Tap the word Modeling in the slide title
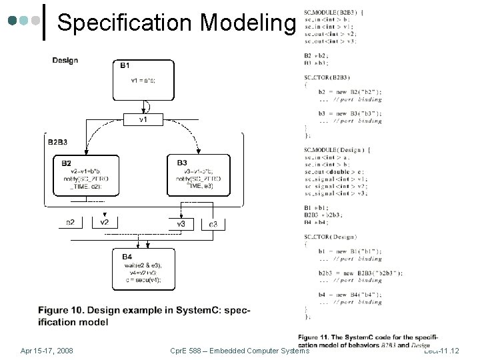click(x=247, y=23)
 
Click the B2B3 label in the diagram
click(x=62, y=142)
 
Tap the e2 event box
click(x=70, y=223)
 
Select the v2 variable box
click(x=104, y=222)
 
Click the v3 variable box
click(x=181, y=223)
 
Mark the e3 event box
click(x=213, y=223)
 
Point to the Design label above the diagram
click(x=65, y=61)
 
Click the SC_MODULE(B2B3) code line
click(x=331, y=12)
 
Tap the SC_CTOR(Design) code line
click(x=329, y=237)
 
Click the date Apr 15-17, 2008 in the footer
click(x=47, y=350)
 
